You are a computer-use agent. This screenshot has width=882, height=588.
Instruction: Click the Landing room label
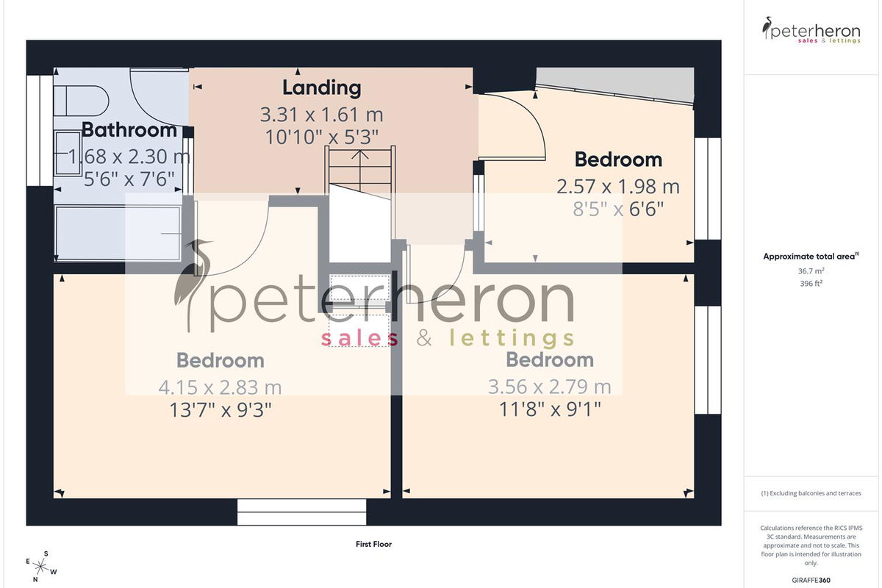pos(322,88)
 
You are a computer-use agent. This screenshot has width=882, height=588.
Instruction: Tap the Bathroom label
pos(129,130)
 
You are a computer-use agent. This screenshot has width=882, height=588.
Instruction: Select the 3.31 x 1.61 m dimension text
pos(321,115)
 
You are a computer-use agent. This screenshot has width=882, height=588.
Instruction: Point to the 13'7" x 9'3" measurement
pos(220,409)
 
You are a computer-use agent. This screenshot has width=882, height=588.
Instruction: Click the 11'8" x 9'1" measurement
pos(550,409)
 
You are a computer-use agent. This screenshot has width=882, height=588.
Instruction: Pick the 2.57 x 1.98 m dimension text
pos(618,187)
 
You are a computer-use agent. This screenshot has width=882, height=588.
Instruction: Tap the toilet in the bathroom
pos(81,101)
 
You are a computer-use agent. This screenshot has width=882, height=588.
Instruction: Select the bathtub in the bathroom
pos(118,233)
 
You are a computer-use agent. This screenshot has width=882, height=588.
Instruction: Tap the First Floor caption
pos(373,544)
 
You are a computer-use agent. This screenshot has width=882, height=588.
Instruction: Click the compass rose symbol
pos(41,567)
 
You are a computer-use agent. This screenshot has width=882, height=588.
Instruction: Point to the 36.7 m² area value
pos(811,271)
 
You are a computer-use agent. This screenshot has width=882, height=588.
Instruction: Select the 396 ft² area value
pos(811,283)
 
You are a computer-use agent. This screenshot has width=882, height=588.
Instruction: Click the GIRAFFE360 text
pos(811,580)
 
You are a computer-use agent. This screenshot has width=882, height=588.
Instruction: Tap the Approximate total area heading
pos(811,257)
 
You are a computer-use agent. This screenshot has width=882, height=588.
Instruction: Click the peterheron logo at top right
pos(811,30)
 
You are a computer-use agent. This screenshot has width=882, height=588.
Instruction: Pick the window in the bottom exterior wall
pos(301,512)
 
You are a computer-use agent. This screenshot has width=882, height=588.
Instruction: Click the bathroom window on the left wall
pos(40,130)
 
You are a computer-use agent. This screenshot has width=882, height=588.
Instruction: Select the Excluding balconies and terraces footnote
pos(811,493)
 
